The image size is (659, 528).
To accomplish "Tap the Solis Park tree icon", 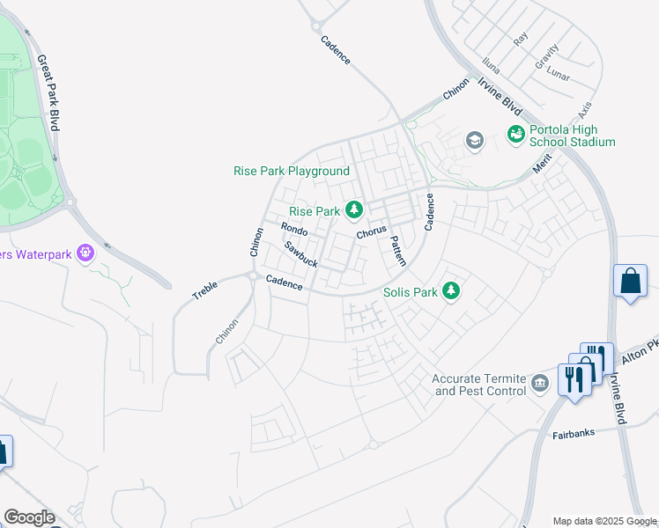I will pos(451,290).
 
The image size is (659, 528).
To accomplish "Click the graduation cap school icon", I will pos(475,141).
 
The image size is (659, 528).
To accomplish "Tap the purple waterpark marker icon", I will pos(85,254).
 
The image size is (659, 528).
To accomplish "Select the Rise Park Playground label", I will pos(291,171).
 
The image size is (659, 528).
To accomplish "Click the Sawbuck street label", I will pos(300,255).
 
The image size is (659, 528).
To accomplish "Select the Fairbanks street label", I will pos(574,433).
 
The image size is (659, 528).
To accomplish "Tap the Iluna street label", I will pos(491,65).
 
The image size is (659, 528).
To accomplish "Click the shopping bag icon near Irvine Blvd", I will pos(630,282).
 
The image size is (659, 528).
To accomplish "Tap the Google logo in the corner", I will pos(29,517).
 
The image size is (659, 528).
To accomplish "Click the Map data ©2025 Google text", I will pos(604,521).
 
